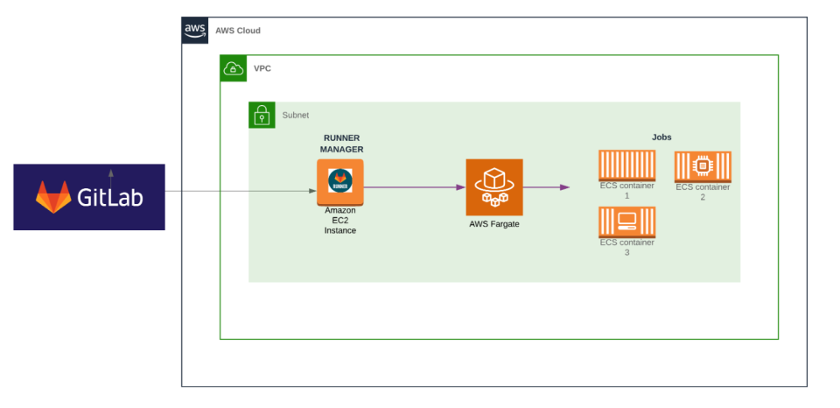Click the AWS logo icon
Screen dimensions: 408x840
coord(195,30)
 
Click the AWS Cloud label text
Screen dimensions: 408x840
coord(238,31)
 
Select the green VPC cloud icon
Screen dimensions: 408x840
coord(234,68)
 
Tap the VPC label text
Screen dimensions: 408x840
coord(262,68)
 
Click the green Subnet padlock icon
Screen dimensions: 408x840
coord(262,115)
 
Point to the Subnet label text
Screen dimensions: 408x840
coord(295,115)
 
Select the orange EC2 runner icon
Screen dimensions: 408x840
coord(340,182)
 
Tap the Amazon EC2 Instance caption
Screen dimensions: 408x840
coord(340,220)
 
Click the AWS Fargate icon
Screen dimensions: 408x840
coord(494,186)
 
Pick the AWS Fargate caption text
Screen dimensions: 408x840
coord(494,224)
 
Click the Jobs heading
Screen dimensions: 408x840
coord(661,137)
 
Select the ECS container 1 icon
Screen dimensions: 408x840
coord(626,165)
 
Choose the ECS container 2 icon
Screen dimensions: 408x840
coord(703,166)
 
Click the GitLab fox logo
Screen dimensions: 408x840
coord(53,197)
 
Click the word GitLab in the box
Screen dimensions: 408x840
coord(109,198)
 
